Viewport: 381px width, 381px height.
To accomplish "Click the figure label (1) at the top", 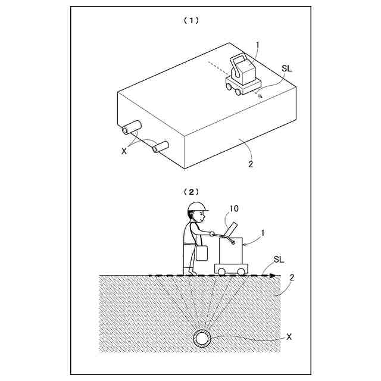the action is coord(190,20).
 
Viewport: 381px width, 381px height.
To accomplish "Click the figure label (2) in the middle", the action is coord(190,192).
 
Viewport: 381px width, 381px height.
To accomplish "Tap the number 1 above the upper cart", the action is coord(257,45).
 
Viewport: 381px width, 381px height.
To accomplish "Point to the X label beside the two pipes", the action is coord(124,151).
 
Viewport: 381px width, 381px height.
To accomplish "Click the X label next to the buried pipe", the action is coord(289,336).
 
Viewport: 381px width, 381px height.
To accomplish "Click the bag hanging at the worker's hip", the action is coord(201,252).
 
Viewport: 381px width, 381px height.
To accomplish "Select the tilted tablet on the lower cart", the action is coord(231,229).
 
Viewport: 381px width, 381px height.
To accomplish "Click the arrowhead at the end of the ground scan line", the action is coord(273,276).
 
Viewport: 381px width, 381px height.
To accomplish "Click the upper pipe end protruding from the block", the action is coord(132,127).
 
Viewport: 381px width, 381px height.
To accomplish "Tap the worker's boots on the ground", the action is coord(192,272).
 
